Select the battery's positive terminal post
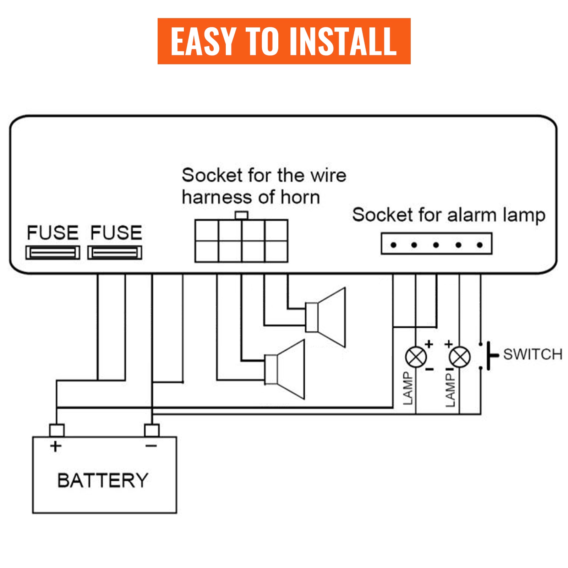(x=57, y=430)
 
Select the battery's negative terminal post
(x=152, y=430)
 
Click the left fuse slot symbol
(x=53, y=252)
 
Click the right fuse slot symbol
(x=115, y=252)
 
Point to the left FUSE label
(x=53, y=233)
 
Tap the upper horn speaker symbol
(x=326, y=317)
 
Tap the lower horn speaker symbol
(x=285, y=369)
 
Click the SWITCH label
(x=532, y=354)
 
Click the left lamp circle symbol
(x=416, y=357)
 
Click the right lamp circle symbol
(x=460, y=357)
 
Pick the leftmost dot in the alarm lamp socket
(x=393, y=245)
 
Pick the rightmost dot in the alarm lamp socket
(x=480, y=245)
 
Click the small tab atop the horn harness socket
(x=241, y=215)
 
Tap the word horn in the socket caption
(x=300, y=197)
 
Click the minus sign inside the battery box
(x=151, y=446)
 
